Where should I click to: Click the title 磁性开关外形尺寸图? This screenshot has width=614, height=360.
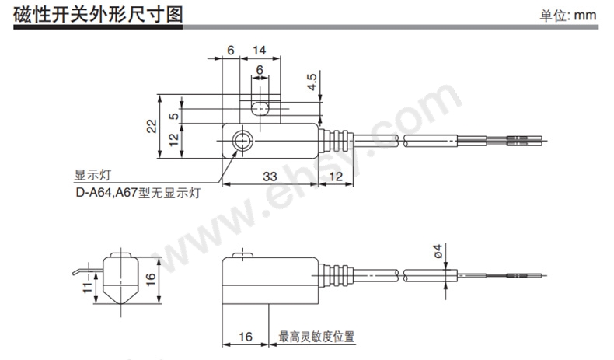98,15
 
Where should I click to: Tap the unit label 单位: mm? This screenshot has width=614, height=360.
568,16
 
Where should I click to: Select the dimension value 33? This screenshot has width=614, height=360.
270,177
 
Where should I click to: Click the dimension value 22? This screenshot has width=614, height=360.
152,126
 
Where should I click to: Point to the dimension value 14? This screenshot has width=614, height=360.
260,50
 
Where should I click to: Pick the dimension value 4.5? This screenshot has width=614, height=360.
312,82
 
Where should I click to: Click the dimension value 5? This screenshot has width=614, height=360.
174,116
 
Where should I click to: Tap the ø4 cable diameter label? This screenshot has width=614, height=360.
438,251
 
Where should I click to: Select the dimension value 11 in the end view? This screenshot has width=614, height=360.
88,285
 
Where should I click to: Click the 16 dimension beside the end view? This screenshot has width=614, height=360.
151,278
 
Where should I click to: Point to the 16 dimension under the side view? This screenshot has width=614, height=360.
246,337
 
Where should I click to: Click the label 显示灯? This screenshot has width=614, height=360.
92,175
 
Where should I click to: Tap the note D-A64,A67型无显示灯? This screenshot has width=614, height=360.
138,193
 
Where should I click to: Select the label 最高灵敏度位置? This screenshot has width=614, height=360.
316,337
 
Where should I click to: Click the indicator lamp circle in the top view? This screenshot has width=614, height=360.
242,141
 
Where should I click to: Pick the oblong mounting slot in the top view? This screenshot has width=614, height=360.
260,109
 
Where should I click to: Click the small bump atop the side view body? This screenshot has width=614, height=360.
242,255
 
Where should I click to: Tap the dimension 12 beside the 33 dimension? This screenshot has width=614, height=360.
336,177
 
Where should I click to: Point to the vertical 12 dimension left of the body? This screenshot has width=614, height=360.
174,138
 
